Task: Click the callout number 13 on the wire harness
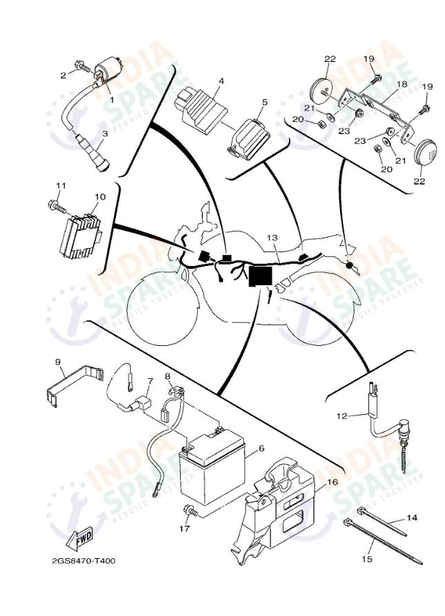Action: (272, 238)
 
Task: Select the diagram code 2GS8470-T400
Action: (83, 560)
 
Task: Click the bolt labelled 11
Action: (57, 205)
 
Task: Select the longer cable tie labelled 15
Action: (383, 542)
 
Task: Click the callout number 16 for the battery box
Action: (332, 482)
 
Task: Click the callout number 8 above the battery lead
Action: (167, 376)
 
